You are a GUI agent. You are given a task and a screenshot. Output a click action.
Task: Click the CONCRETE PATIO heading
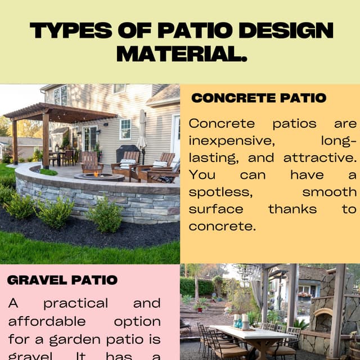259,98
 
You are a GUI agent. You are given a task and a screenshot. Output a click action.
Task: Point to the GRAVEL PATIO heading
62,280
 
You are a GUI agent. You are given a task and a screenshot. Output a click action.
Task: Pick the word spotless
219,192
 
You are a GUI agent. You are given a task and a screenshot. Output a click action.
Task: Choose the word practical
75,303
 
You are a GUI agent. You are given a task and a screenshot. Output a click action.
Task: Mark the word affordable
47,321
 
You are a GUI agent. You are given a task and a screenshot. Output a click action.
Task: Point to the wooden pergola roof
59,112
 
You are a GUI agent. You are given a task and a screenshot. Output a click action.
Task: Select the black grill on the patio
128,153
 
